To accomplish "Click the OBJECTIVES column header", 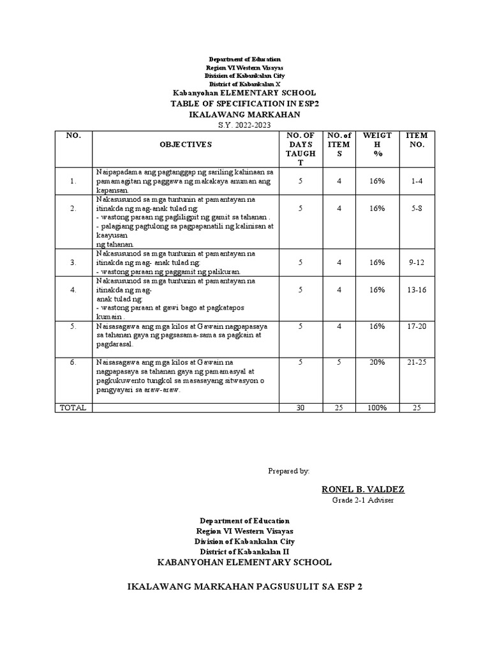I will (x=186, y=145).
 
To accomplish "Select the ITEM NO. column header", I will (x=417, y=140).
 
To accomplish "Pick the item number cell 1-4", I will (x=417, y=181).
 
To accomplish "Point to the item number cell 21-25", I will (x=417, y=362).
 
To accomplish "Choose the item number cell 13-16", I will (x=417, y=289).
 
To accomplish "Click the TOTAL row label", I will (x=73, y=407).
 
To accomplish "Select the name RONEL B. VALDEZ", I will (x=362, y=489).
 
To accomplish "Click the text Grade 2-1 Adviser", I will (x=362, y=499).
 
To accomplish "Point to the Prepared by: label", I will (x=288, y=471).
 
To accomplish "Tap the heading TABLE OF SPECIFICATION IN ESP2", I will (x=244, y=103).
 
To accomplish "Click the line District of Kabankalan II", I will (x=244, y=551).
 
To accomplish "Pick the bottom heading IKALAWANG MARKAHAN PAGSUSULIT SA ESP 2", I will (x=244, y=585).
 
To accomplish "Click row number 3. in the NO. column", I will (x=73, y=262).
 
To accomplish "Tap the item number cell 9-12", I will (x=417, y=262).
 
